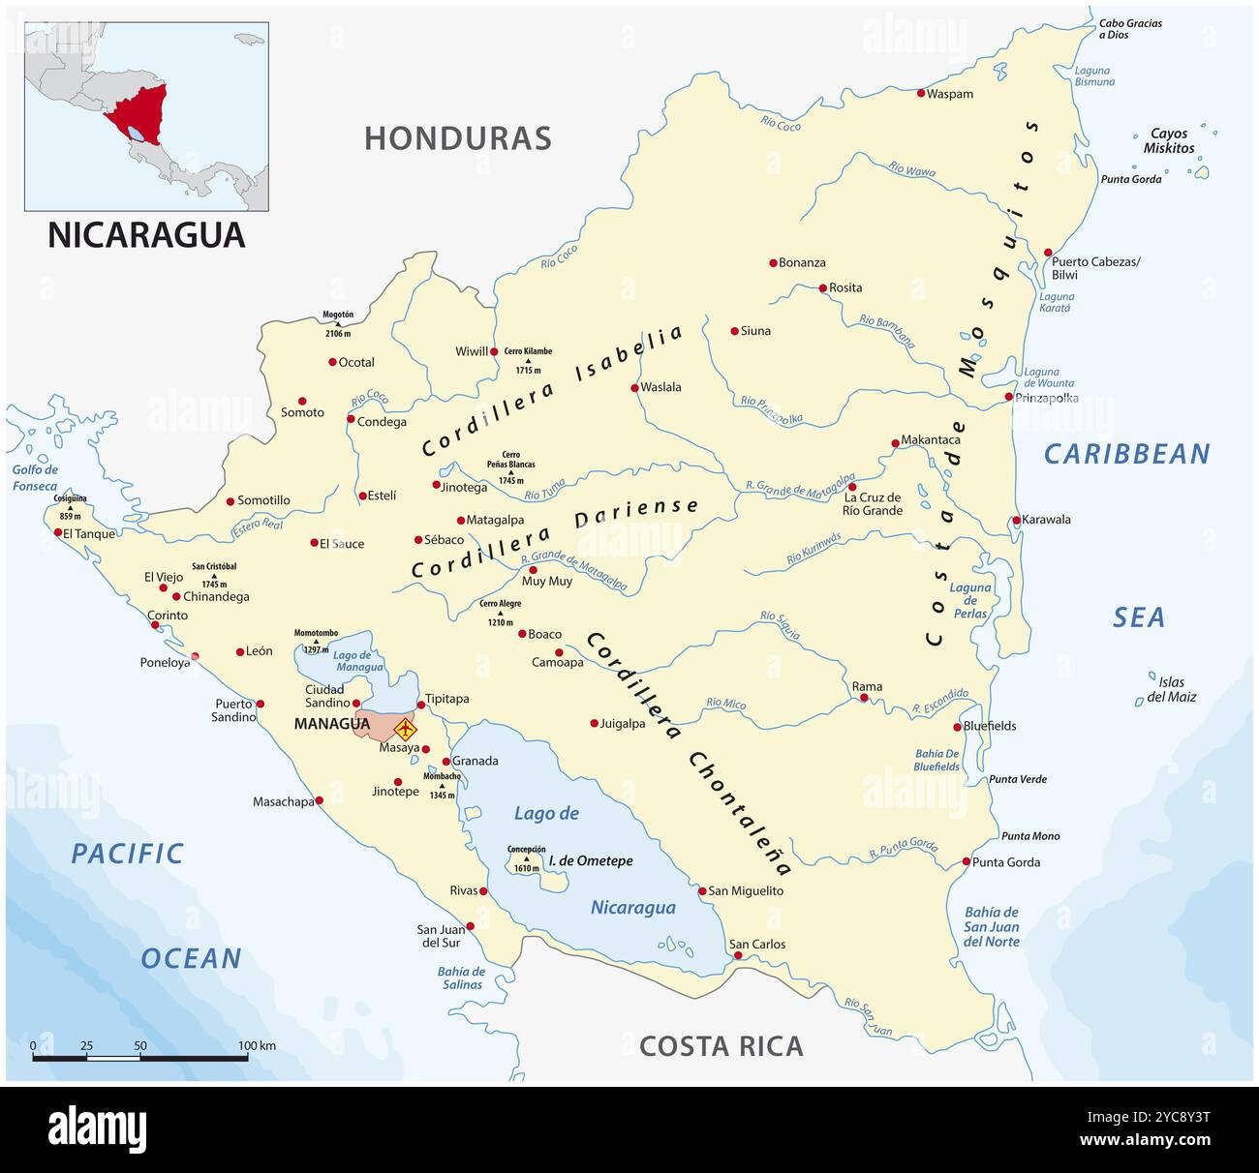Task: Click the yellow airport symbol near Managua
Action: click(405, 728)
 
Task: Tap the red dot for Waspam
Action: click(921, 93)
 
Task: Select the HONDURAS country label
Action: click(457, 138)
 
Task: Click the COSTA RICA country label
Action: click(721, 1046)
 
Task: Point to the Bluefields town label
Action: click(990, 726)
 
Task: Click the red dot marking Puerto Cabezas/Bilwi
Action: click(1048, 253)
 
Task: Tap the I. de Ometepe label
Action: click(591, 860)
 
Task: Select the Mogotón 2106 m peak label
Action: click(338, 323)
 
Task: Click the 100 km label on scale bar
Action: click(257, 1045)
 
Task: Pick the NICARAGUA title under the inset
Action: click(146, 235)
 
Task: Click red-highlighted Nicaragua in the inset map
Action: click(138, 114)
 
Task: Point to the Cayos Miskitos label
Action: click(1169, 141)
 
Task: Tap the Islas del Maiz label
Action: click(1171, 689)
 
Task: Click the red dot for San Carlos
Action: click(738, 955)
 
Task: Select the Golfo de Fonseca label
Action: click(36, 477)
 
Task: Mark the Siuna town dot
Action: click(734, 331)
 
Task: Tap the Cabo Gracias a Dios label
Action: click(1130, 29)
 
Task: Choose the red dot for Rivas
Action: click(483, 890)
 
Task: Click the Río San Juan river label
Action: click(867, 1016)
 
